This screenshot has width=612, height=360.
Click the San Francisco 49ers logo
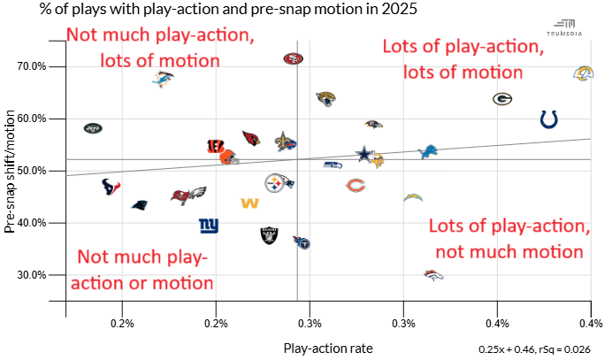[x=293, y=58]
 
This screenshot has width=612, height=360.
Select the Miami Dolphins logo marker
[x=162, y=80]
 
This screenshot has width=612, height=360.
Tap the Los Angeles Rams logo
[x=583, y=73]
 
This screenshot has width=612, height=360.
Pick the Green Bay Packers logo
[x=502, y=99]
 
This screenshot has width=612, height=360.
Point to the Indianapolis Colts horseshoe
[x=549, y=119]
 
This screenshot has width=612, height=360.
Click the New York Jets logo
[x=93, y=128]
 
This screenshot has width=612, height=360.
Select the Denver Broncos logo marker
[x=433, y=275]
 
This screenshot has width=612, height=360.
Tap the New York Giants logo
[x=209, y=225]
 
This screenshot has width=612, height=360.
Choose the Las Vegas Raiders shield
[x=269, y=235]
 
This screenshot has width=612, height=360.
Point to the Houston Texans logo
[x=111, y=187]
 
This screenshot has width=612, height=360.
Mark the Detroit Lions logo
[x=428, y=152]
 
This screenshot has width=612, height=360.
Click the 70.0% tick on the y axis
[x=45, y=66]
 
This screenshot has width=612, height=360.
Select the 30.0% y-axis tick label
[x=45, y=274]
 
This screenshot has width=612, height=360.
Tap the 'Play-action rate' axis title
[x=328, y=349]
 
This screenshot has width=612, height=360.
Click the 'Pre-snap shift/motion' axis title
[x=11, y=169]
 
